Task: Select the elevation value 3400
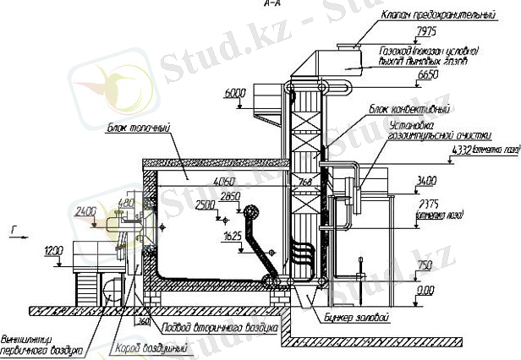click(426, 180)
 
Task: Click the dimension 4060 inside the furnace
click(223, 182)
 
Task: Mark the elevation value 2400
click(85, 209)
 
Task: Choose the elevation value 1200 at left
click(54, 250)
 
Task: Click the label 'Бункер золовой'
click(356, 318)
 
